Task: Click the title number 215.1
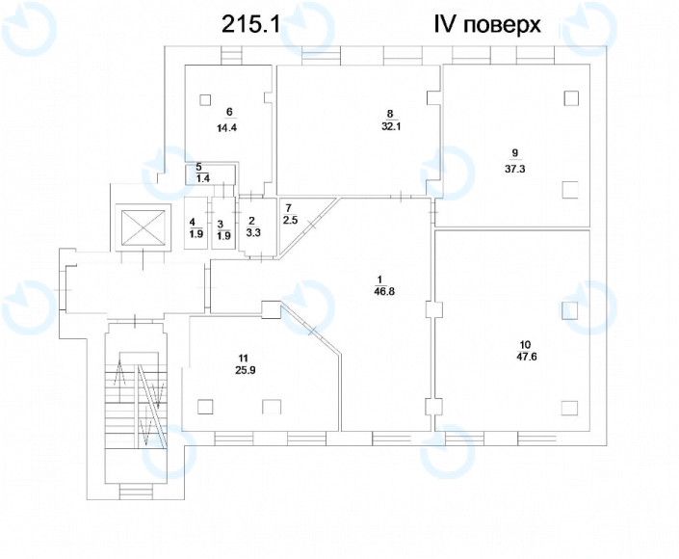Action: pyautogui.click(x=251, y=25)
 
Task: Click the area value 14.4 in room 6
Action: pyautogui.click(x=229, y=127)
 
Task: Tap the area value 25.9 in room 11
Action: pyautogui.click(x=229, y=369)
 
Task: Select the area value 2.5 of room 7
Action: pyautogui.click(x=290, y=221)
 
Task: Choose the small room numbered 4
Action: pyautogui.click(x=196, y=228)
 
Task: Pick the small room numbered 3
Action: pyautogui.click(x=222, y=228)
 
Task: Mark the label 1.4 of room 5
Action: pyautogui.click(x=203, y=177)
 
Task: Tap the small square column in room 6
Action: pyautogui.click(x=206, y=98)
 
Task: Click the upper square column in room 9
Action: pyautogui.click(x=571, y=98)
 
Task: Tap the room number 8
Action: pyautogui.click(x=390, y=113)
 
